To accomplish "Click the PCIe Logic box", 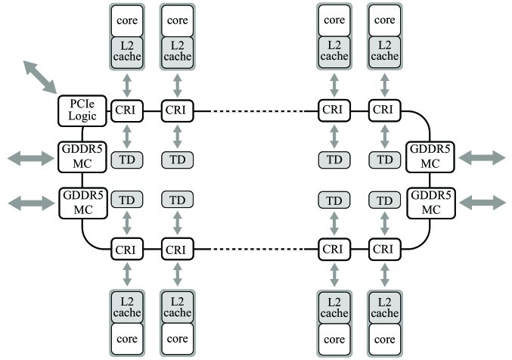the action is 82,110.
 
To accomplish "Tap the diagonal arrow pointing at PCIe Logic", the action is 40,77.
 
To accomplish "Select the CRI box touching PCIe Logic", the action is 127,110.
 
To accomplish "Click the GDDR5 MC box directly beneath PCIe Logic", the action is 82,157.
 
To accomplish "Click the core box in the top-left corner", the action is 127,20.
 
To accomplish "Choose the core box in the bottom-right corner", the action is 385,339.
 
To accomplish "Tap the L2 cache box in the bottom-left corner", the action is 127,307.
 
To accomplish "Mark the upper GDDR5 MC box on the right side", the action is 430,157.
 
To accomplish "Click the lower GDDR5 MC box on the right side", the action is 431,203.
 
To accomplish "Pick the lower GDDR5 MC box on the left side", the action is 83,203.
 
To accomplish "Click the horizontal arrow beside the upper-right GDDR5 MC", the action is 482,158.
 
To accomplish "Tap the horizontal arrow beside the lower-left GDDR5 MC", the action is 31,203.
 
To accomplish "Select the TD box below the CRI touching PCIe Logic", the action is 127,160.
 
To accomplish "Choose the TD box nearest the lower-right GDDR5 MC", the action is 385,200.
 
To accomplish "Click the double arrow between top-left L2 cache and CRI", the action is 127,85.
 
